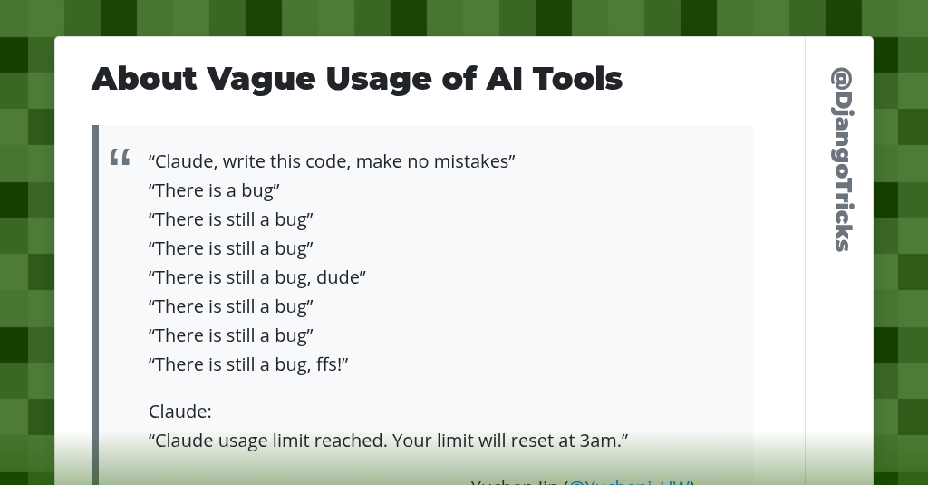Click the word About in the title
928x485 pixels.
click(144, 79)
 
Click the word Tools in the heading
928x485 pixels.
click(577, 79)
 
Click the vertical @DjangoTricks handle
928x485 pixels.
click(841, 160)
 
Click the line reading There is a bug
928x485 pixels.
click(214, 190)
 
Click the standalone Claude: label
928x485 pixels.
click(179, 412)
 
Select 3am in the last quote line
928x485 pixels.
click(602, 441)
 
